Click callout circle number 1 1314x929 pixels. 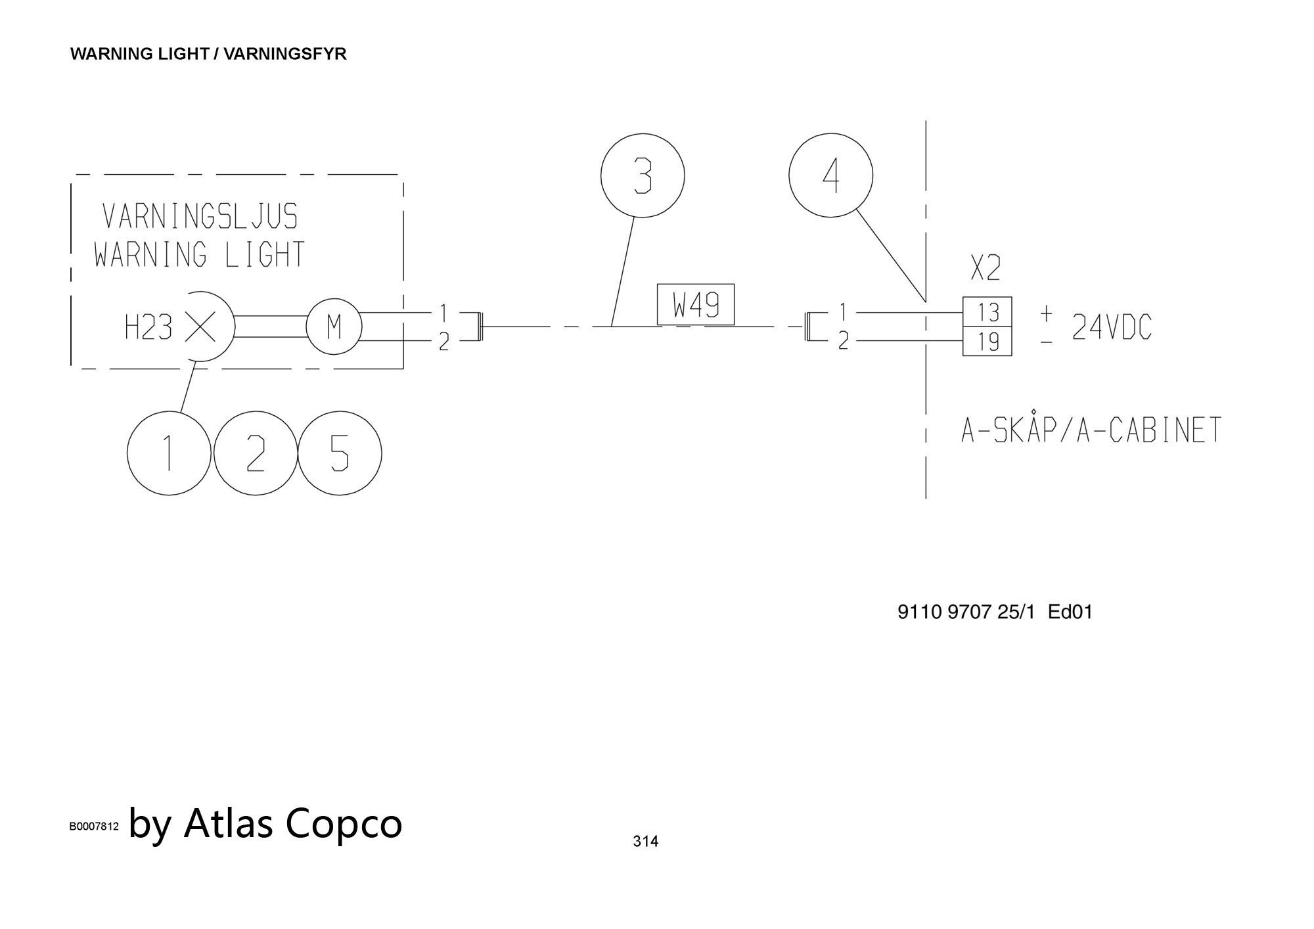pyautogui.click(x=169, y=453)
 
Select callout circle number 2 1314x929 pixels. pyautogui.click(x=256, y=453)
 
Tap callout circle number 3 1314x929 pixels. pyautogui.click(x=643, y=175)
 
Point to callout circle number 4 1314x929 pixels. pyautogui.click(x=830, y=175)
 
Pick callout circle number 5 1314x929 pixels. pyautogui.click(x=340, y=453)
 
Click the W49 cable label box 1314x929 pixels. pyautogui.click(x=696, y=304)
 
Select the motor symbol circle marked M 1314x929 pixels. pyautogui.click(x=334, y=327)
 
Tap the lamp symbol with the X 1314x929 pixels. pyautogui.click(x=200, y=327)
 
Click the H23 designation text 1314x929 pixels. pyautogui.click(x=148, y=327)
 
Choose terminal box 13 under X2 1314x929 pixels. pyautogui.click(x=987, y=312)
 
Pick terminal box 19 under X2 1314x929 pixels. pyautogui.click(x=987, y=342)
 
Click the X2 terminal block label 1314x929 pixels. pyautogui.click(x=985, y=268)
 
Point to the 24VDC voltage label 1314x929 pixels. pyautogui.click(x=1112, y=327)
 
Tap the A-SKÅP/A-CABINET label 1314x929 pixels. pyautogui.click(x=1091, y=430)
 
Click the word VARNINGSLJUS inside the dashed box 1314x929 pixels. pyautogui.click(x=200, y=216)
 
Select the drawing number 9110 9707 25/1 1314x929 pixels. pyautogui.click(x=966, y=612)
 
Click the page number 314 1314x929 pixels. pyautogui.click(x=645, y=841)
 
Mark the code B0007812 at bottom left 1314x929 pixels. pyautogui.click(x=95, y=827)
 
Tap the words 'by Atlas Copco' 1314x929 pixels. pyautogui.click(x=265, y=823)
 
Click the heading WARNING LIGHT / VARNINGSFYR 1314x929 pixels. pyautogui.click(x=208, y=54)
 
